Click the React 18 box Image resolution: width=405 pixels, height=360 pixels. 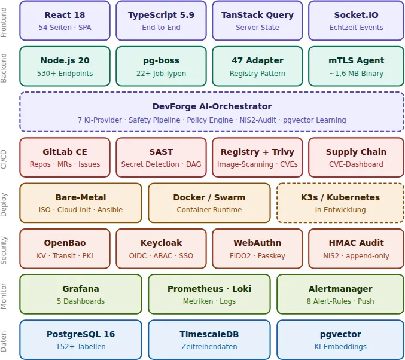click(x=65, y=20)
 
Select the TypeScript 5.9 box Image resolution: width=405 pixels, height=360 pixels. click(x=161, y=20)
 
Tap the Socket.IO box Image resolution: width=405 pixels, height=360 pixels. click(x=356, y=20)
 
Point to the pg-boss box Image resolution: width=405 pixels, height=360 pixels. click(x=161, y=66)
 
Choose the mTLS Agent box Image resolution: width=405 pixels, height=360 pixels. click(x=356, y=66)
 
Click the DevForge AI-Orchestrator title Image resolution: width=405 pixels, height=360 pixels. click(x=212, y=106)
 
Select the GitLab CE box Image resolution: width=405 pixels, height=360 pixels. click(x=65, y=157)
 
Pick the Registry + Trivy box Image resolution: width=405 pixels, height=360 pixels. click(x=257, y=157)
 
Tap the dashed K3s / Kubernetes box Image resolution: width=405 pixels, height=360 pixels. click(x=340, y=203)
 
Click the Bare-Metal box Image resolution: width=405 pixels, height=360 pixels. click(x=80, y=203)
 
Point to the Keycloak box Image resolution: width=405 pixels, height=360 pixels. click(x=161, y=248)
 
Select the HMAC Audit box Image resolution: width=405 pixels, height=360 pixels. click(x=356, y=248)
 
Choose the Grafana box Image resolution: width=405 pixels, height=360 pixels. click(x=80, y=294)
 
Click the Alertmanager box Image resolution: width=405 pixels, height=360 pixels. click(x=340, y=294)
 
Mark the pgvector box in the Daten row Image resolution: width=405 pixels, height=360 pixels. click(x=340, y=339)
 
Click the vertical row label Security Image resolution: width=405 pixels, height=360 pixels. click(x=4, y=249)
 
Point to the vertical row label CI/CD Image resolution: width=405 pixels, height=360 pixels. click(x=4, y=158)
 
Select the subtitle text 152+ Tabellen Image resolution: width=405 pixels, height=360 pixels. click(x=80, y=347)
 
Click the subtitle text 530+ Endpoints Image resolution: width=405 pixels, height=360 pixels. click(x=65, y=74)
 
